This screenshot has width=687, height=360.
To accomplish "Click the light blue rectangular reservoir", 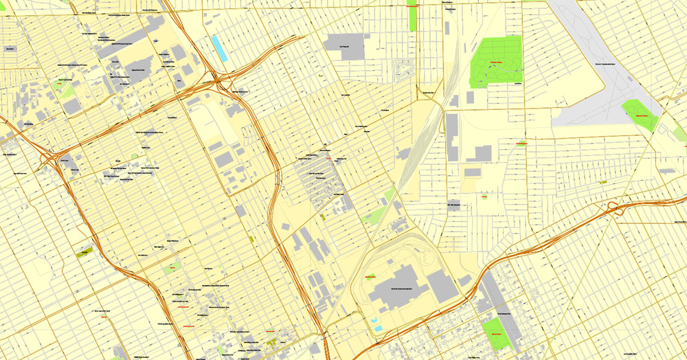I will tap(218, 47).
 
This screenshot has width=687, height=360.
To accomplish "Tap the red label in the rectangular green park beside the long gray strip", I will tap(495, 334).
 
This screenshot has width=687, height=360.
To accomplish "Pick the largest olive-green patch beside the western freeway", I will tap(85, 253).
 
